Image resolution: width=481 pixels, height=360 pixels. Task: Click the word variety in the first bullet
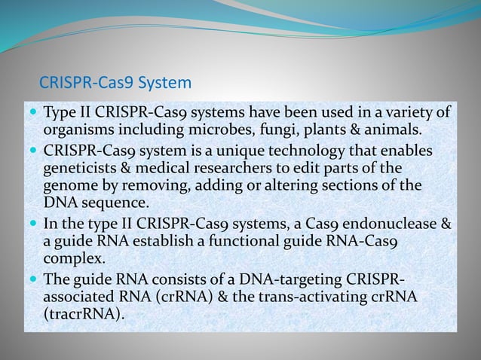[408, 112]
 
